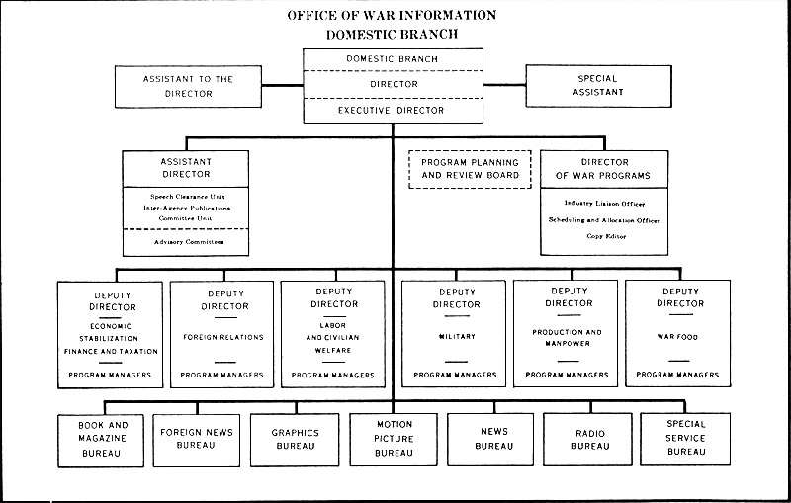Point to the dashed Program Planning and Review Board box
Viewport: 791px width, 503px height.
[x=463, y=168]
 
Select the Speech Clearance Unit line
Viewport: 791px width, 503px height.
[x=185, y=196]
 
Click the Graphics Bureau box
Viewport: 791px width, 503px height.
[x=294, y=440]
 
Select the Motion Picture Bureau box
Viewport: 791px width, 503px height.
[x=394, y=440]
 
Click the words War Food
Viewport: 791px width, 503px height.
[x=679, y=337]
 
